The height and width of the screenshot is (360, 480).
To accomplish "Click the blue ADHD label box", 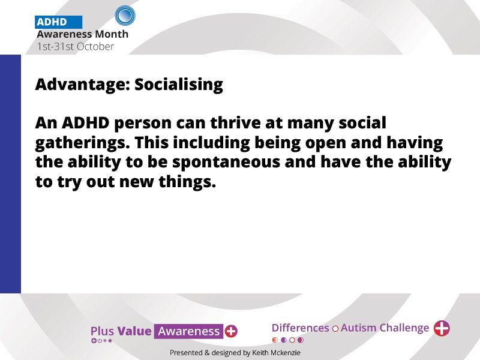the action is coord(58,22).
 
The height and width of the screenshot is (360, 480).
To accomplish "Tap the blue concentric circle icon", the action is coord(125,16).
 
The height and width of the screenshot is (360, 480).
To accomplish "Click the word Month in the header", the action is coord(111,34).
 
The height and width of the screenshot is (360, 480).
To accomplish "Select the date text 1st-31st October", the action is coord(76,47).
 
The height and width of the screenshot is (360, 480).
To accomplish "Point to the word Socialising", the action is coord(179,85).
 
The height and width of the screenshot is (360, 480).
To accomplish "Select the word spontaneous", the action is coord(226,162).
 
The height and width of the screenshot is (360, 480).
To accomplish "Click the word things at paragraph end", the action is coord(187,182).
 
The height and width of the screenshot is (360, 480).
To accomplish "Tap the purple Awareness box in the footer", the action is coord(188,331).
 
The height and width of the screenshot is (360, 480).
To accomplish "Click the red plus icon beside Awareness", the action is coord(231,331).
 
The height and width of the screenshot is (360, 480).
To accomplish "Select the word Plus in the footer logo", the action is coord(102,331).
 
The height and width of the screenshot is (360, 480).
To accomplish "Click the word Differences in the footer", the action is coord(300,328).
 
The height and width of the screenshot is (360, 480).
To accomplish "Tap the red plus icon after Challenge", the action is coord(442,328).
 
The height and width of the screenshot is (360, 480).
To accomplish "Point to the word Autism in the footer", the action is coord(358,328).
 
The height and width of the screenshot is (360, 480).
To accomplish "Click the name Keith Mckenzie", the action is coord(276,353).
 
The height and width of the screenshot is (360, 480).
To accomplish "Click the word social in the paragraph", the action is coord(362,122).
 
